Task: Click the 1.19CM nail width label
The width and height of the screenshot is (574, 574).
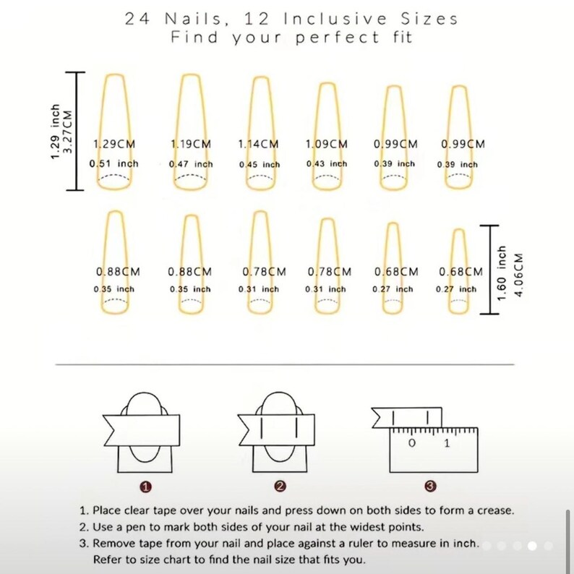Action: click(191, 144)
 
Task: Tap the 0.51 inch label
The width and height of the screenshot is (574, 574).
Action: click(113, 164)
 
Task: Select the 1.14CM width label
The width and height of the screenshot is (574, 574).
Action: click(258, 144)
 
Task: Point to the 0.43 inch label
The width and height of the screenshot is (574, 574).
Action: click(326, 164)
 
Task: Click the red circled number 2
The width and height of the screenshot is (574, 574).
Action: click(280, 486)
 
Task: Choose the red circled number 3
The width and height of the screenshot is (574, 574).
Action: click(431, 486)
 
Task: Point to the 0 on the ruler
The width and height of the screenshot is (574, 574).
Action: click(411, 442)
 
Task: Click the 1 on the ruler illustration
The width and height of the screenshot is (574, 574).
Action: click(447, 442)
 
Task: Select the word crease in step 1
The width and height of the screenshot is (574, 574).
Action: click(494, 510)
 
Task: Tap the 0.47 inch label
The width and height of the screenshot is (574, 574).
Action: click(191, 164)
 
